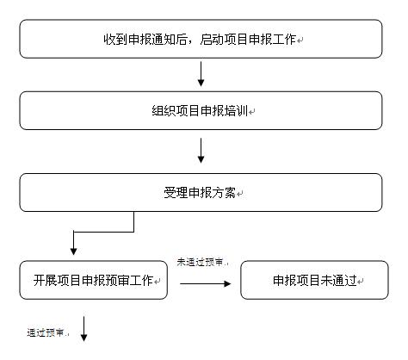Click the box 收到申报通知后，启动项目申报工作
[x=201, y=39]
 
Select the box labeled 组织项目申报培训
[x=201, y=110]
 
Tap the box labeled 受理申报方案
[x=201, y=192]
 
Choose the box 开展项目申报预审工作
[x=94, y=280]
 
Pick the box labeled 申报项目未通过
[x=314, y=280]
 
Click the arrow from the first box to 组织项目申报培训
[x=201, y=74]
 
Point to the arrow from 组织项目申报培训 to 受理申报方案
[x=201, y=151]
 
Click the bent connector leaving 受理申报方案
[x=103, y=232]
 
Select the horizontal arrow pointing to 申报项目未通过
[x=206, y=283]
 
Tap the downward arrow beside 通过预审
[x=83, y=329]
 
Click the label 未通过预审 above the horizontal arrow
[x=200, y=262]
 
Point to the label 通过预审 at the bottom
[x=46, y=332]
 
